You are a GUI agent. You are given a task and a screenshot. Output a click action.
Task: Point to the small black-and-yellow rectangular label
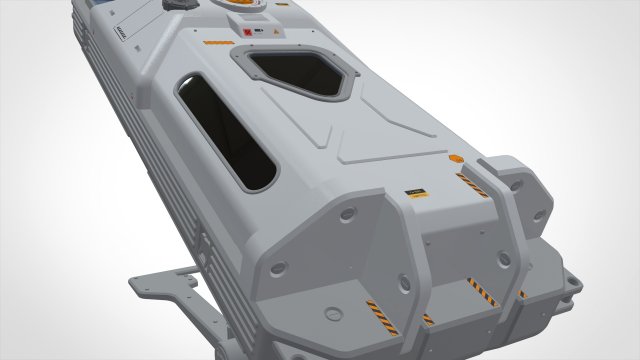(x=415, y=192)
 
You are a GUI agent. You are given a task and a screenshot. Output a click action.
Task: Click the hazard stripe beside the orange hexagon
(x=472, y=184)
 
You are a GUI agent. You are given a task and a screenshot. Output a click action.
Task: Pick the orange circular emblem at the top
(x=243, y=4)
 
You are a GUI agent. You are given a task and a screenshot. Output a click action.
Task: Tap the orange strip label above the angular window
(x=218, y=43)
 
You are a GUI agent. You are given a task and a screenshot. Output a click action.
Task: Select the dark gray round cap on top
(x=177, y=6)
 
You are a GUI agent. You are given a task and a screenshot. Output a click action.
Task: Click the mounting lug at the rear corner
(x=569, y=284)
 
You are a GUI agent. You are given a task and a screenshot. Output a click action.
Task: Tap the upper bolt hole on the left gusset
(x=347, y=214)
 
